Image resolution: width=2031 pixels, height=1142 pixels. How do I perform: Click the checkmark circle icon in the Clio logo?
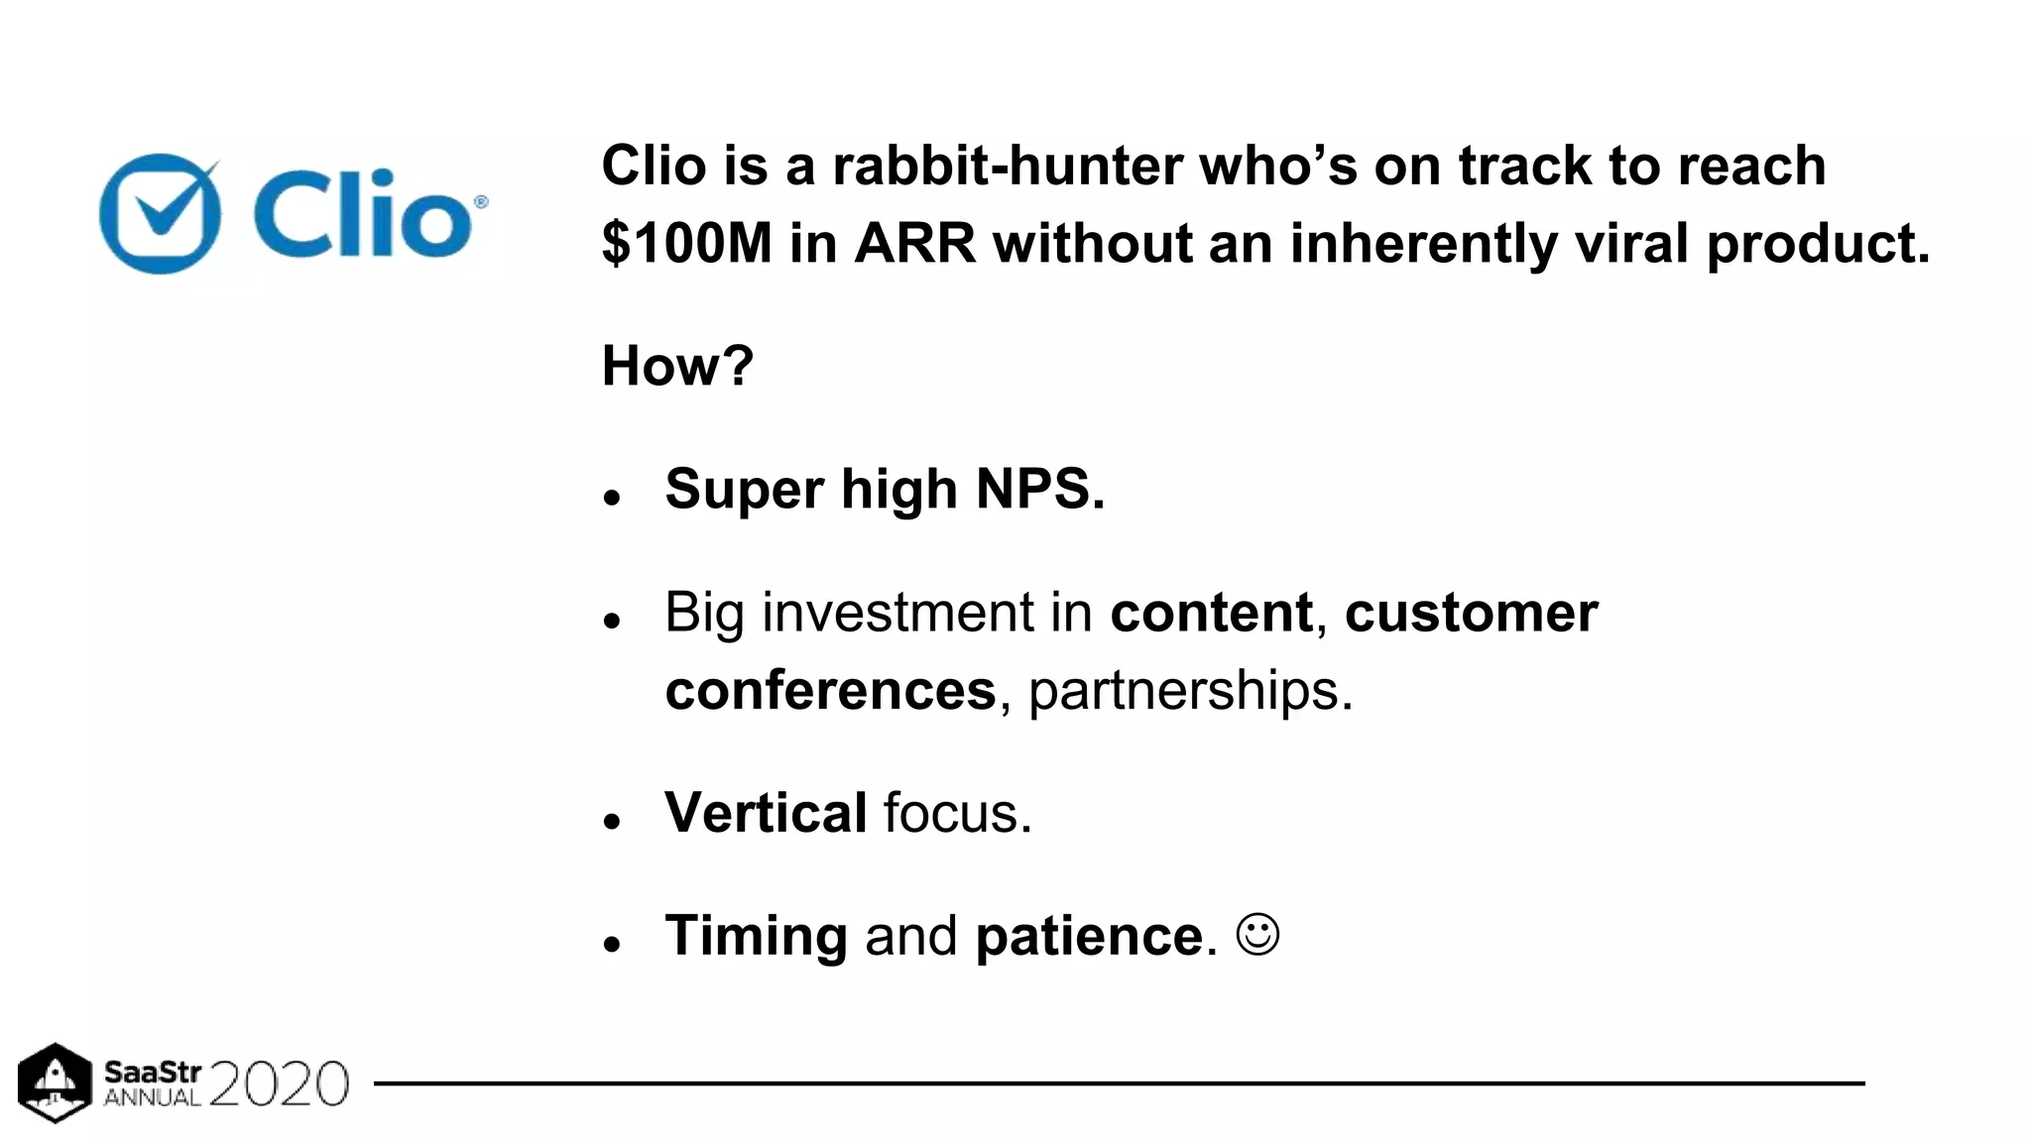(x=160, y=214)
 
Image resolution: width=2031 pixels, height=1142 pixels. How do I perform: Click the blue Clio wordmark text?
(x=362, y=213)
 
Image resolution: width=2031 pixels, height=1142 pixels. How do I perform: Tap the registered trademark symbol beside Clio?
(x=481, y=202)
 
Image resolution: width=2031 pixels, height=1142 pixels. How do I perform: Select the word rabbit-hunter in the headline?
(x=1007, y=166)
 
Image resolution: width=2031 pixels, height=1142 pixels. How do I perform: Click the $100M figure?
(x=686, y=244)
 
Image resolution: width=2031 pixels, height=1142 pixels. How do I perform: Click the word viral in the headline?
(x=1630, y=244)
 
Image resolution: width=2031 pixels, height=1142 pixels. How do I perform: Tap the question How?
(x=677, y=366)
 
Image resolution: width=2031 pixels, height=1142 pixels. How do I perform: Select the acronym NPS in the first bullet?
(x=1039, y=489)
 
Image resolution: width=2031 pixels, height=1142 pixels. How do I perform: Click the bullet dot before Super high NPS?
(x=612, y=497)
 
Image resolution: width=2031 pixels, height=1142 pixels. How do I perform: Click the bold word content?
(x=1211, y=613)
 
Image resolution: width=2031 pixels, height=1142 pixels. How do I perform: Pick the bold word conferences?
(x=830, y=691)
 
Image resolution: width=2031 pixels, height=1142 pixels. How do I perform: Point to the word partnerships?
(x=1189, y=691)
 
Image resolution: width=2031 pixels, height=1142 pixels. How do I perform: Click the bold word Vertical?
(x=766, y=813)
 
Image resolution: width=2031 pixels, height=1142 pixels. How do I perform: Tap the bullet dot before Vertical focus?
(x=612, y=821)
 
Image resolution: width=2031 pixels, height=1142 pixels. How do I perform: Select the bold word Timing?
(x=756, y=936)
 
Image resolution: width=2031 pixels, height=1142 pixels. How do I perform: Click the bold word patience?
(x=1089, y=936)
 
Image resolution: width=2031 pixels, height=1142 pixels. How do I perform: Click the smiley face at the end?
(x=1257, y=934)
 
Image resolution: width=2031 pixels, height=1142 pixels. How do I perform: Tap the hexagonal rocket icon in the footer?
(x=55, y=1083)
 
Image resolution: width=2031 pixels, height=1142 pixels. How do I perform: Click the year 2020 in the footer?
(x=279, y=1084)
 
